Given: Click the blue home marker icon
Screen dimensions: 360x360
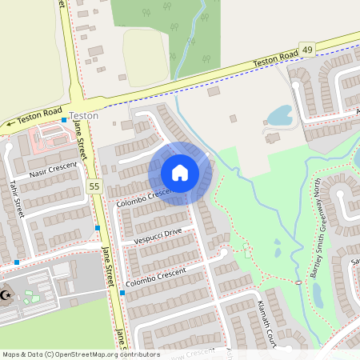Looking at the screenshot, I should coord(180,173).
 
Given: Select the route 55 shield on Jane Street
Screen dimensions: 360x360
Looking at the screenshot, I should coord(95,186).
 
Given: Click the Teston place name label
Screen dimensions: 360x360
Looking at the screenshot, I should coord(84,115).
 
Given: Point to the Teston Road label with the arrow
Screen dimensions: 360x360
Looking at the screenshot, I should coord(34,118).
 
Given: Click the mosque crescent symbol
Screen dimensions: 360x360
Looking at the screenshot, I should coord(6,296).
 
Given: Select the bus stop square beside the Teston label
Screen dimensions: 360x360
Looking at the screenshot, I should coord(65,120).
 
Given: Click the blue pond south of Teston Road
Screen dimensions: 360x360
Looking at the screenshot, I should coord(279,117).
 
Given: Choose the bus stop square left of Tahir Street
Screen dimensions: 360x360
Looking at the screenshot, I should coord(16,262).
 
